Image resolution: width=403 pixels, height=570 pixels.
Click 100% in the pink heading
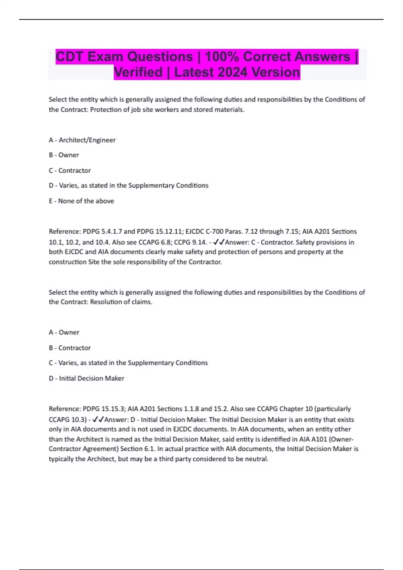point(221,57)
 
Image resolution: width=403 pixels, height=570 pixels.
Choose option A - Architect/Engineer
point(82,140)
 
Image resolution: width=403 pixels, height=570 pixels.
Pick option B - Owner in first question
point(64,155)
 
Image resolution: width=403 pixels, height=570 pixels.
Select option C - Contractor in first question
point(70,170)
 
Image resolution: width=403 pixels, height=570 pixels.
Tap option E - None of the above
point(81,201)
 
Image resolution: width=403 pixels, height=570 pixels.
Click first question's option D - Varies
point(128,185)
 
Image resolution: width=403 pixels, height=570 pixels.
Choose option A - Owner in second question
point(64,332)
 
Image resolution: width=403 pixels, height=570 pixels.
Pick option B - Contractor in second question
point(70,348)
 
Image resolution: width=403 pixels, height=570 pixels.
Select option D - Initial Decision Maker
point(86,378)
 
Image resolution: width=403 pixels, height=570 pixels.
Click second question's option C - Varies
point(128,363)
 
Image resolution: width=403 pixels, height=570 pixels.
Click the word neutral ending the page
point(257,459)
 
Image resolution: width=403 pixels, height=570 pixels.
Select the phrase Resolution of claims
point(121,302)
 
